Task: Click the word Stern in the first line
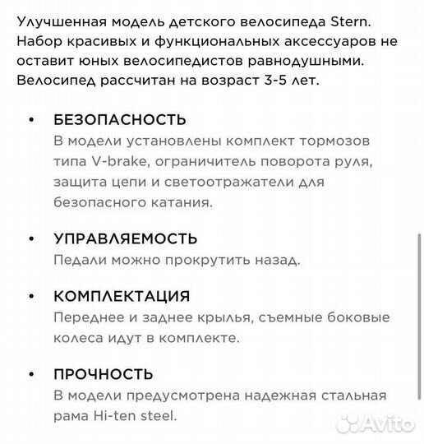pyautogui.click(x=355, y=23)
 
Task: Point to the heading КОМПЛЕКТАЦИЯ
pyautogui.click(x=121, y=296)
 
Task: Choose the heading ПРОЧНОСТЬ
pyautogui.click(x=103, y=374)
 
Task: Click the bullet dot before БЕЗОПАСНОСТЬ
pyautogui.click(x=31, y=121)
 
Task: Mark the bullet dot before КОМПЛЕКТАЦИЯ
pyautogui.click(x=31, y=296)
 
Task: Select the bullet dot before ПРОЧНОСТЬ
pyautogui.click(x=31, y=374)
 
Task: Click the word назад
pyautogui.click(x=274, y=260)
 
